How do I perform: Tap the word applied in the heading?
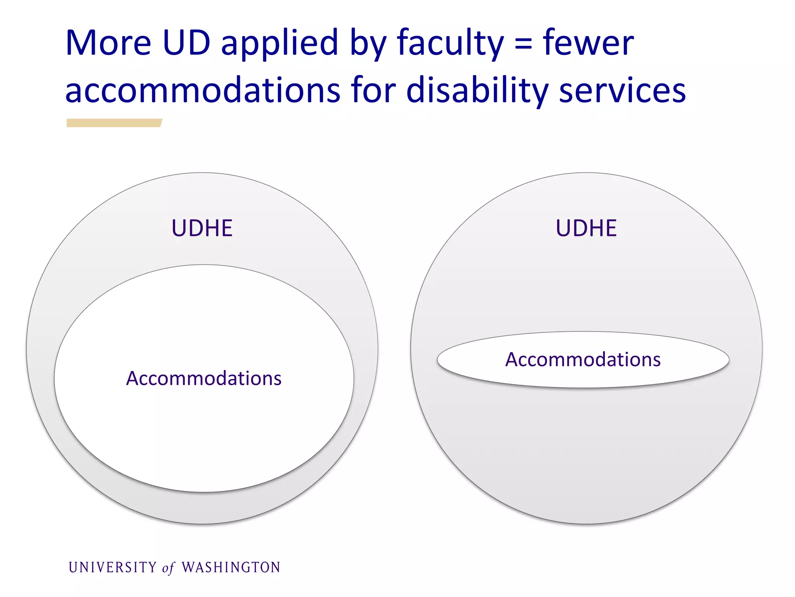tap(279, 44)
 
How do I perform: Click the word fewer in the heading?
tap(588, 44)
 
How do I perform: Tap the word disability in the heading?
tap(477, 91)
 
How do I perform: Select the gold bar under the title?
tap(114, 123)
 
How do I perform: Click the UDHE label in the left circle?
tap(202, 228)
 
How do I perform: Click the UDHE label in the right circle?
tap(586, 228)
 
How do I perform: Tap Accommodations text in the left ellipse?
tap(204, 378)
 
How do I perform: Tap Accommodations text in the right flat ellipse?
tap(583, 360)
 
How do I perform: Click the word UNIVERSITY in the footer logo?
tap(113, 567)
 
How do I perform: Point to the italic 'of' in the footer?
tap(168, 568)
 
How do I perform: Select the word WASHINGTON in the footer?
tap(231, 567)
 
